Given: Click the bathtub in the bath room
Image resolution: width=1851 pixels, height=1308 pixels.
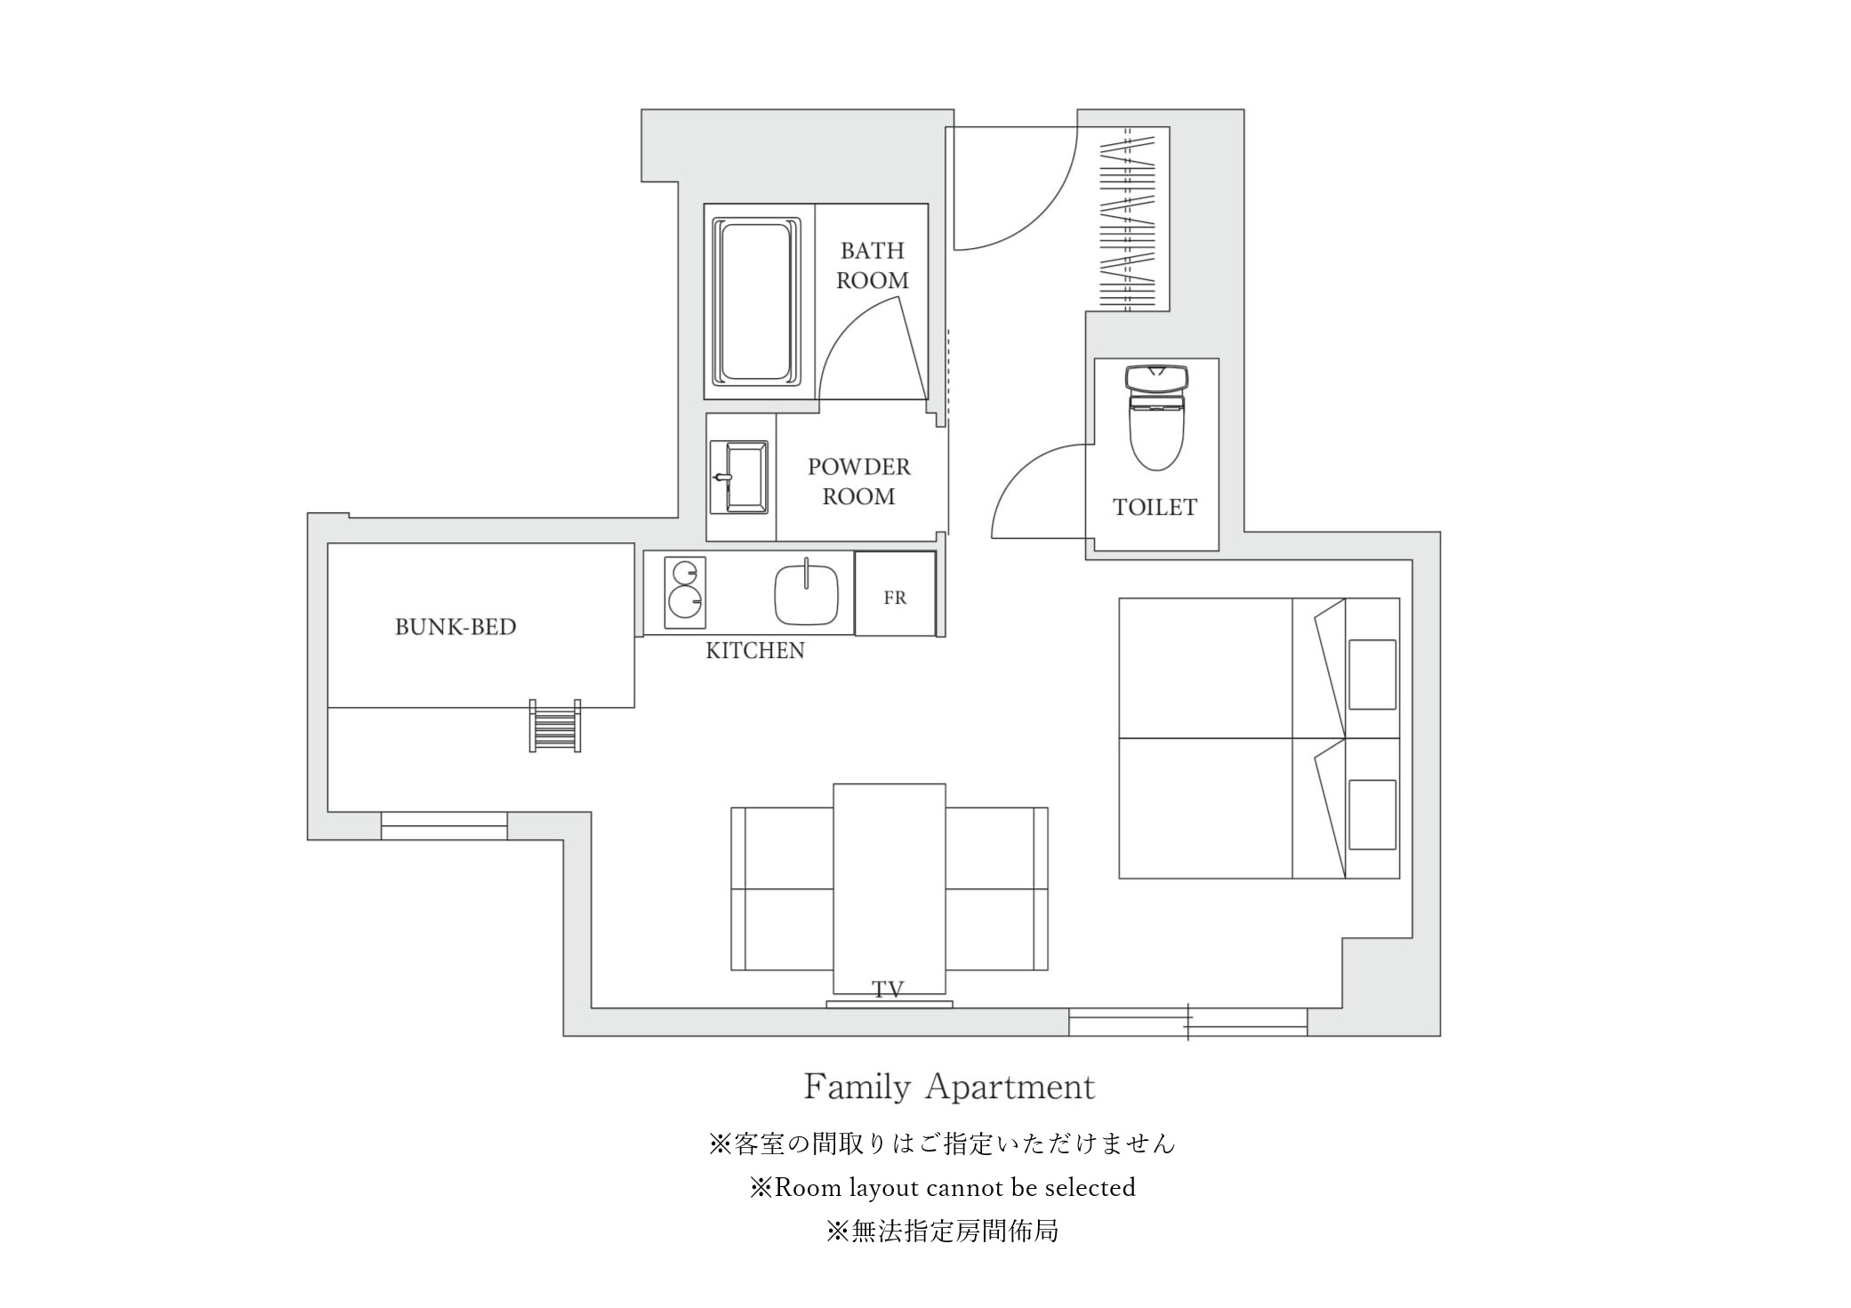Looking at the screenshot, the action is pyautogui.click(x=755, y=301).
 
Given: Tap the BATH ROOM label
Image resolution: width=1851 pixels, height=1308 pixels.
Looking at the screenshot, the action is pyautogui.click(x=872, y=266).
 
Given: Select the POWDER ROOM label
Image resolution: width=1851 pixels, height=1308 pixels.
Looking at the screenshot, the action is pyautogui.click(x=858, y=481).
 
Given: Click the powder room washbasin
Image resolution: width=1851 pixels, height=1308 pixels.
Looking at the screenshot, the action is pyautogui.click(x=739, y=477).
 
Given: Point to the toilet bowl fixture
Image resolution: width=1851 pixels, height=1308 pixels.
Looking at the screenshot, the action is pyautogui.click(x=1155, y=417).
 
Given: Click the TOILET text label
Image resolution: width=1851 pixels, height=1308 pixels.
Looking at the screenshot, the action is pyautogui.click(x=1155, y=507).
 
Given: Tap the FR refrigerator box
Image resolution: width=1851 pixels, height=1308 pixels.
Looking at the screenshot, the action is pyautogui.click(x=895, y=593).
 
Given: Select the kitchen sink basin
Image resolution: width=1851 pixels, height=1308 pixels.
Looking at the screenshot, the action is pyautogui.click(x=806, y=594).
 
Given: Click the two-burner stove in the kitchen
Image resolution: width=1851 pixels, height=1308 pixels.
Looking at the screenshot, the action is pyautogui.click(x=685, y=587).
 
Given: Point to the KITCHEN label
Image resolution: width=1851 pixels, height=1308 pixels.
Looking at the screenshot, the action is pyautogui.click(x=755, y=651).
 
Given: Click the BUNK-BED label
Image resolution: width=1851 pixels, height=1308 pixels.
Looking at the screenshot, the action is pyautogui.click(x=455, y=627).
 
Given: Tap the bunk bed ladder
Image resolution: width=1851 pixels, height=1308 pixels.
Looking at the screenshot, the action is pyautogui.click(x=555, y=726).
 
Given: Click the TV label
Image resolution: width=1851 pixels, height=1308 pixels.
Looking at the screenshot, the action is pyautogui.click(x=888, y=989).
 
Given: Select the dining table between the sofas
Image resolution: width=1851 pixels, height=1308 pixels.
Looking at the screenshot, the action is pyautogui.click(x=889, y=888).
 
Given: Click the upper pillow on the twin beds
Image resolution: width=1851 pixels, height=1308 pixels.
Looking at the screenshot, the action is pyautogui.click(x=1372, y=674).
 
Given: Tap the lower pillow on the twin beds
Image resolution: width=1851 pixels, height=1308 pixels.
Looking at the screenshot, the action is pyautogui.click(x=1372, y=814).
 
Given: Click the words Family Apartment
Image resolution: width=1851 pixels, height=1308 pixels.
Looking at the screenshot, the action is pyautogui.click(x=949, y=1087).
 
